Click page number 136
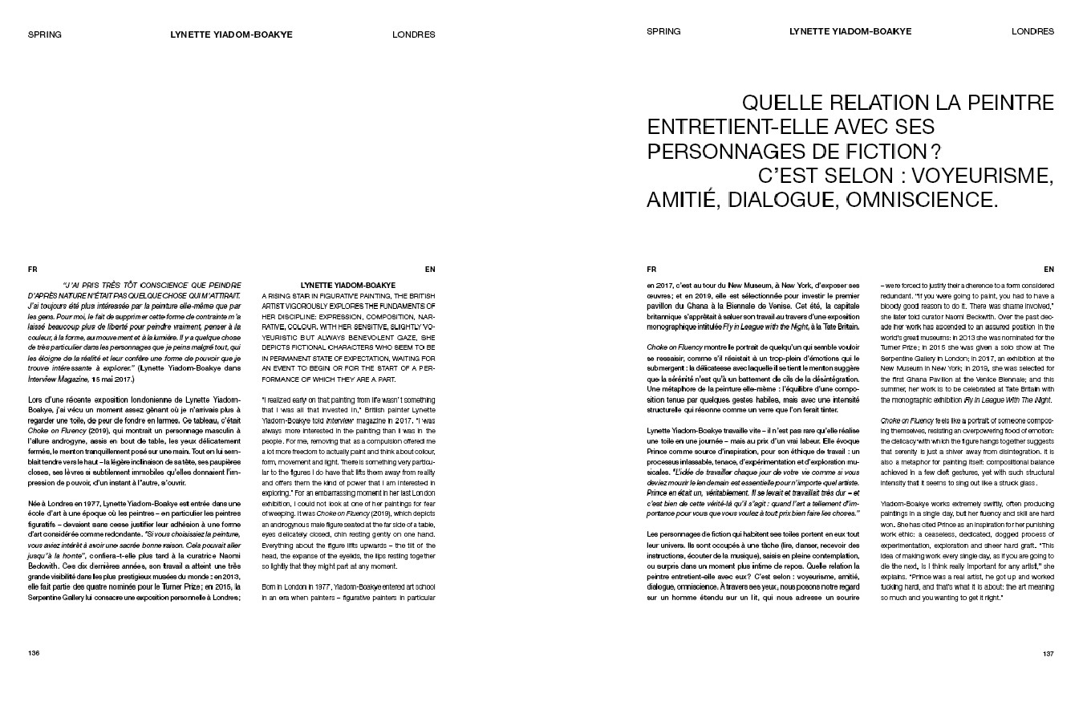click(34, 653)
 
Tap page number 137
click(1048, 653)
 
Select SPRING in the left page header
click(45, 34)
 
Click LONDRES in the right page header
click(1032, 32)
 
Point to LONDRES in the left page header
click(414, 34)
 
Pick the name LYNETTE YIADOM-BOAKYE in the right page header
click(850, 32)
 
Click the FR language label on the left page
click(32, 270)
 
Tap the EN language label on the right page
click(1049, 270)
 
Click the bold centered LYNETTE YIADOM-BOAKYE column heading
click(348, 285)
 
